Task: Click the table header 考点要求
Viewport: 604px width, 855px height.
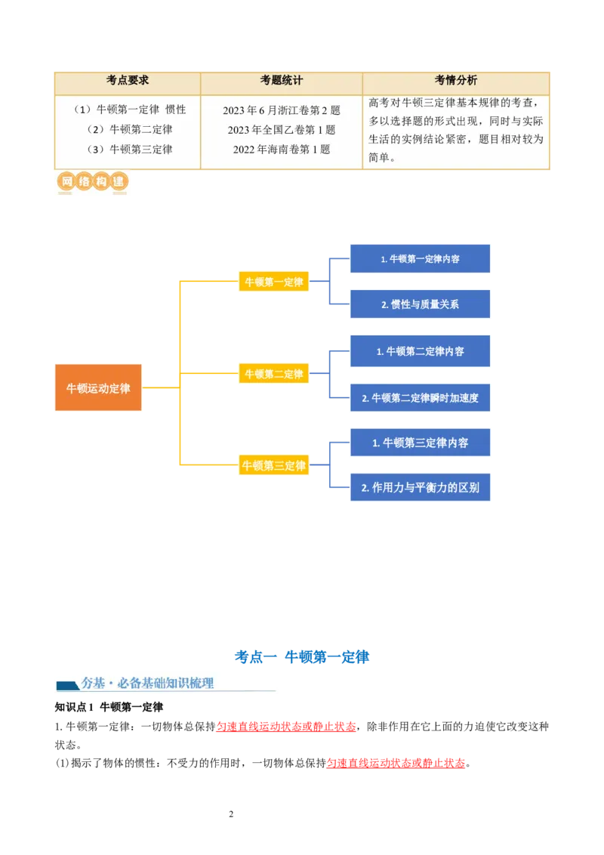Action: pos(128,81)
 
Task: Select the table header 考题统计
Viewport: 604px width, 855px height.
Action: pos(282,81)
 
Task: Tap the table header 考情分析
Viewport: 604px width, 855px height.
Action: pos(455,81)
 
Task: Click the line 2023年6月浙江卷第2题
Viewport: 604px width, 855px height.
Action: pos(282,110)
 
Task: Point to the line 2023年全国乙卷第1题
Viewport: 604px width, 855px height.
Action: pos(282,130)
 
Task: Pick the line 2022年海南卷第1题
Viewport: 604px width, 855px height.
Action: pos(282,150)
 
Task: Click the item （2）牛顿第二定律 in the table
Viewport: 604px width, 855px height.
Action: pos(129,129)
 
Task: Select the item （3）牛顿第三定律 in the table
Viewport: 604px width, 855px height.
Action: pos(129,150)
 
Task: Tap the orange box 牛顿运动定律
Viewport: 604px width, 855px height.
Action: pos(98,389)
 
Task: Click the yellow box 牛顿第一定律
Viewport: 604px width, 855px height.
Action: pos(273,282)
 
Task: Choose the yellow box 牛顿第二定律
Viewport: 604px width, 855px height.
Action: pos(273,374)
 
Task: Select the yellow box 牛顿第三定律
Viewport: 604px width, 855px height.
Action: pos(273,466)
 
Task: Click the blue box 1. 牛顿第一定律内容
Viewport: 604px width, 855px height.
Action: pos(420,259)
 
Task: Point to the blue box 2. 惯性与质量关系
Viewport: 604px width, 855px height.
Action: pos(420,304)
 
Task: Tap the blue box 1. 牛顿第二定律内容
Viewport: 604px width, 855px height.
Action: pos(420,351)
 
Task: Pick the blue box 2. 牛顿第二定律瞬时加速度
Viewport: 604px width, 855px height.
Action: pos(420,397)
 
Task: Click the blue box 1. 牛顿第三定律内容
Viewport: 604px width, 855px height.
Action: pos(420,443)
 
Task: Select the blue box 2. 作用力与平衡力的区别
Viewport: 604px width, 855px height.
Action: pos(420,488)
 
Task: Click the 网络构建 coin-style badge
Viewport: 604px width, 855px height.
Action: pos(91,182)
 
